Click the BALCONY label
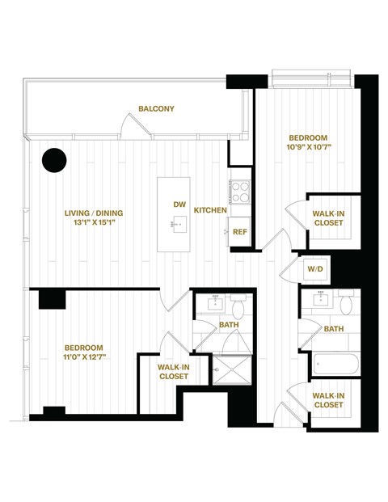pos(156,108)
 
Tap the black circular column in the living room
pos(54,160)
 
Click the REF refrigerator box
pos(239,230)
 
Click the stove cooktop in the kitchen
pos(240,192)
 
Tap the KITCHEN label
pos(209,210)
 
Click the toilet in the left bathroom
pos(238,308)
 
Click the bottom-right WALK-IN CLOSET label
pos(327,399)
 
